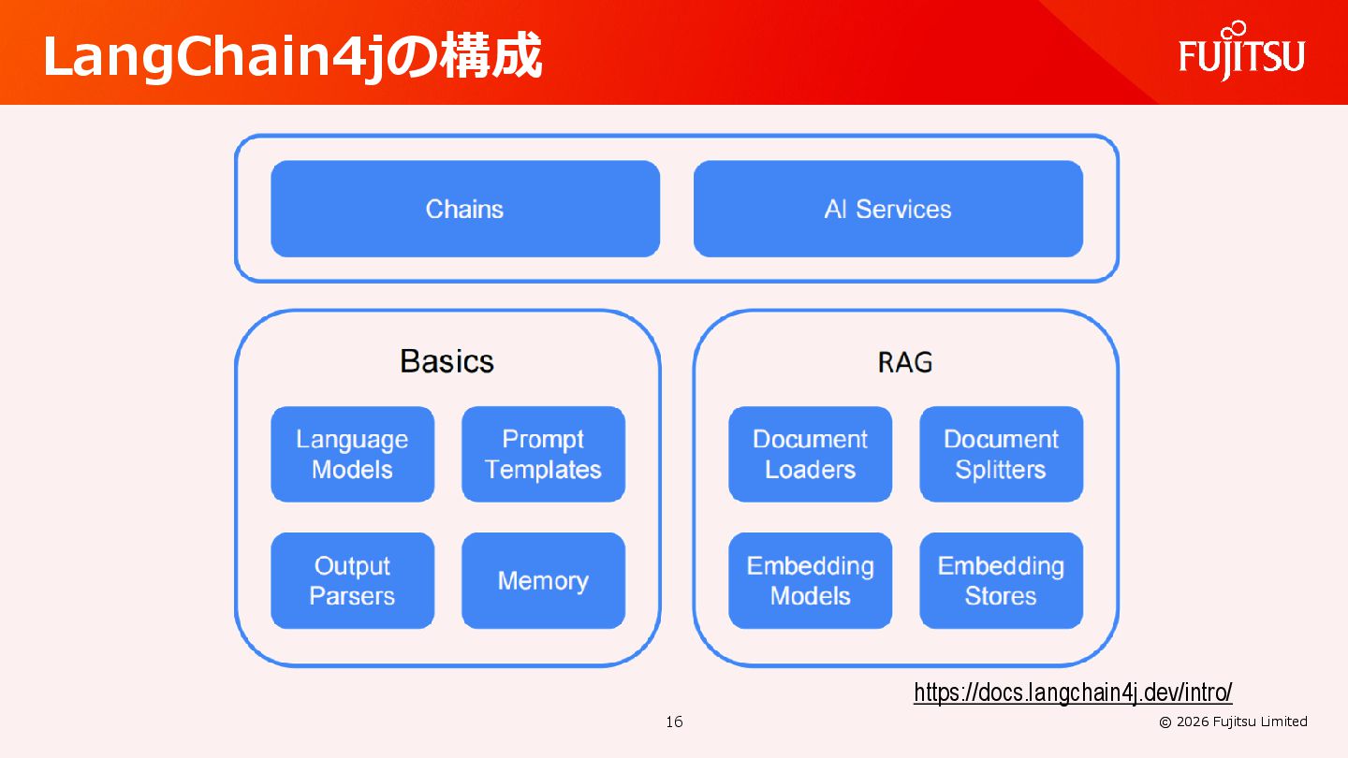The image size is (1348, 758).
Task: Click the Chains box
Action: (465, 209)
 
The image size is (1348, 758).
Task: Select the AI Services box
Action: (887, 209)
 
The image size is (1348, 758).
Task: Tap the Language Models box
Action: (352, 454)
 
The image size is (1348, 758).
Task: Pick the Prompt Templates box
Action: (543, 454)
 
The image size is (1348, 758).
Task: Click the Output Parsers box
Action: (352, 580)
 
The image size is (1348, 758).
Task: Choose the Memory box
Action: (543, 580)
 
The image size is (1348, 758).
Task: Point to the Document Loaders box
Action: (810, 454)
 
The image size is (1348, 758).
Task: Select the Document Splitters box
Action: (1001, 454)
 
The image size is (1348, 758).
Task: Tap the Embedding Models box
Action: (810, 580)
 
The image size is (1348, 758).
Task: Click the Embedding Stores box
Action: (1001, 580)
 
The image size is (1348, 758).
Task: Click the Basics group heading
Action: (447, 361)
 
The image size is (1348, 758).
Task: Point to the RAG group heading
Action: (905, 362)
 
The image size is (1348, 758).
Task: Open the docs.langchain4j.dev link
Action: (1073, 692)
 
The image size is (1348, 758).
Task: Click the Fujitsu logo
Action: (1241, 57)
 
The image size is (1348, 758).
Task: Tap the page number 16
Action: (674, 722)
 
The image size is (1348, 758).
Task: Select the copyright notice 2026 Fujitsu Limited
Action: (1233, 722)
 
